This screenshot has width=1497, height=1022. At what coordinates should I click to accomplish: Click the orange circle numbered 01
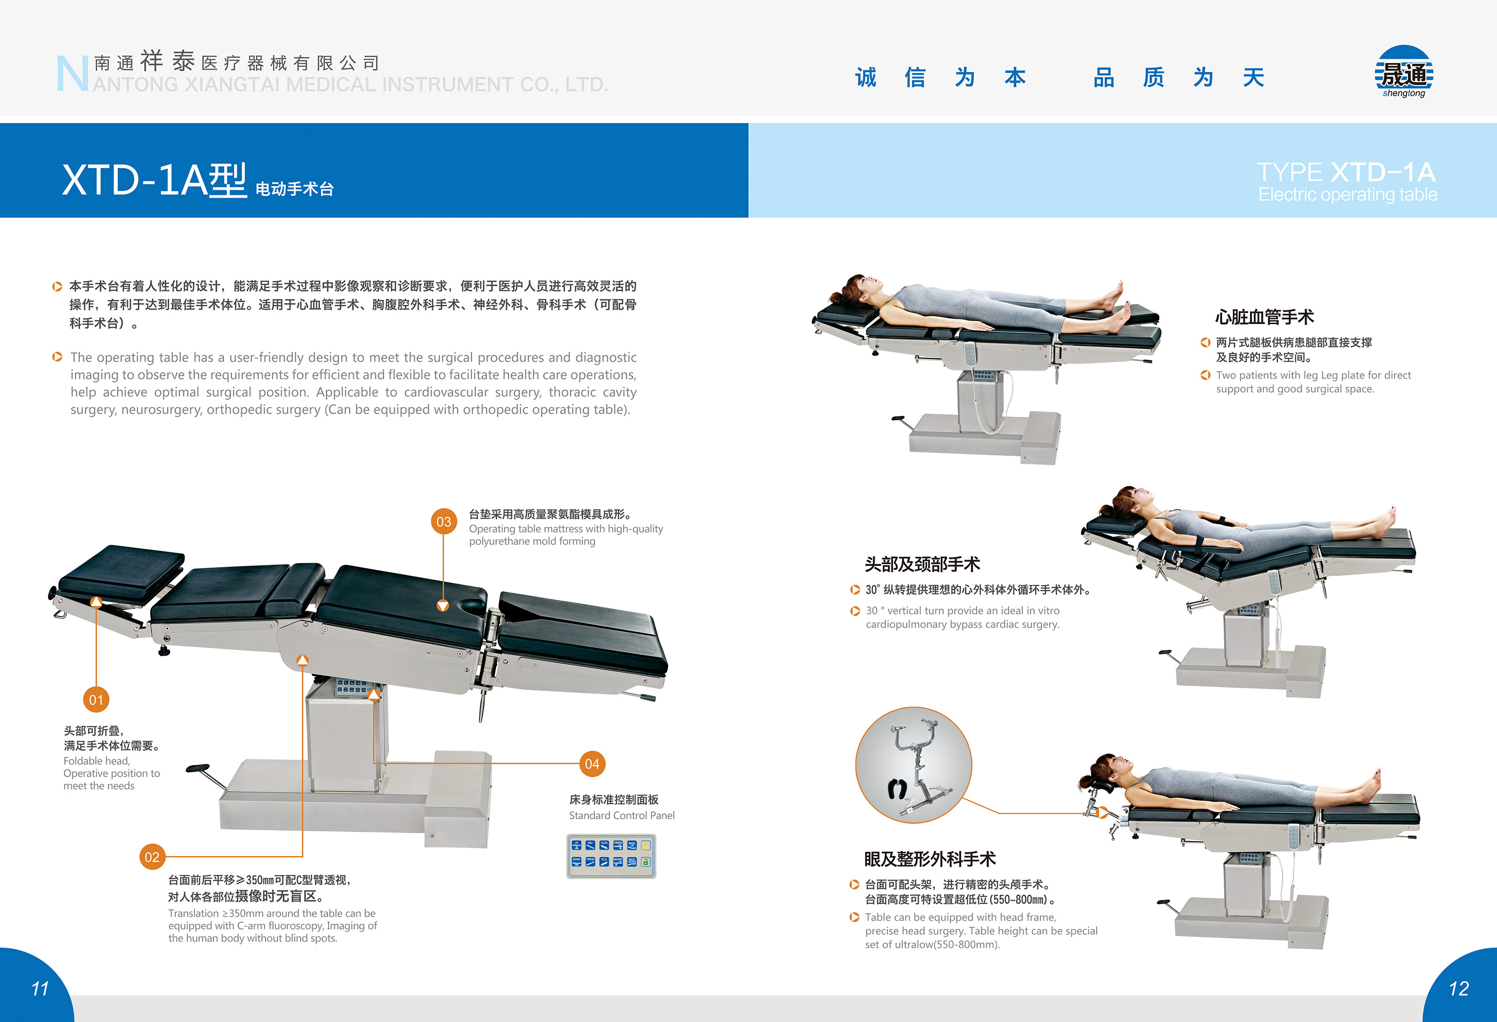(96, 699)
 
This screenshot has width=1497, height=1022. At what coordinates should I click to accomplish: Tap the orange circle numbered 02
(152, 856)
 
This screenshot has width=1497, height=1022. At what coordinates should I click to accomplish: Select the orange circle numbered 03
(444, 521)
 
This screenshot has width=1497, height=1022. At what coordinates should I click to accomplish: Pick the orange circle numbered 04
(592, 764)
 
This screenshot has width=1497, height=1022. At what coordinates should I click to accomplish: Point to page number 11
(40, 988)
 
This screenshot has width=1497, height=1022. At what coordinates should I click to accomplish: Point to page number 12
(1458, 988)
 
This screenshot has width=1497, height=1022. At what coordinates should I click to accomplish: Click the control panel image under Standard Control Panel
(611, 856)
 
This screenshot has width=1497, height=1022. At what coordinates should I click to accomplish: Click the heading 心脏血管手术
(1264, 317)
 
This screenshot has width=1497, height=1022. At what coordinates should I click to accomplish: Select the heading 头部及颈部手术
(922, 564)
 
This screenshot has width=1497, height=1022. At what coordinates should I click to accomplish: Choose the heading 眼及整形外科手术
(930, 858)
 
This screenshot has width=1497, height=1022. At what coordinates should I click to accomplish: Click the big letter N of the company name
(71, 73)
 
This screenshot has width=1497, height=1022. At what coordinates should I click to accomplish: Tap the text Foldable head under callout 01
(96, 760)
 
